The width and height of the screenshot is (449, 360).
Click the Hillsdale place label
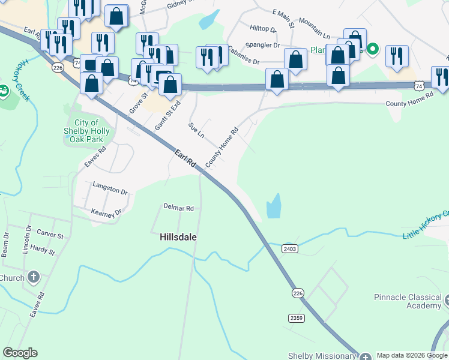(178, 237)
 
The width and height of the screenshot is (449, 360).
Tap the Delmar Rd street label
(179, 208)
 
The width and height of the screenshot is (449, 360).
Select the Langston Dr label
(110, 192)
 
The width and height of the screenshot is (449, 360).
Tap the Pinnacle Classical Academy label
(407, 301)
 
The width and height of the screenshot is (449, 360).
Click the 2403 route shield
(289, 248)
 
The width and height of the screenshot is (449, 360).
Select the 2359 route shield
(296, 318)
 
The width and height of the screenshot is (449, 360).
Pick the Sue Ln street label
(196, 130)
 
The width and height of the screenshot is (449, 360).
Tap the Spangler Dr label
(264, 45)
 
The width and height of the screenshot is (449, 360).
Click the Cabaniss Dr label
(243, 61)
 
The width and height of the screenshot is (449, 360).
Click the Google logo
(20, 353)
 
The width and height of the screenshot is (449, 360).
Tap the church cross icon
(34, 277)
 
